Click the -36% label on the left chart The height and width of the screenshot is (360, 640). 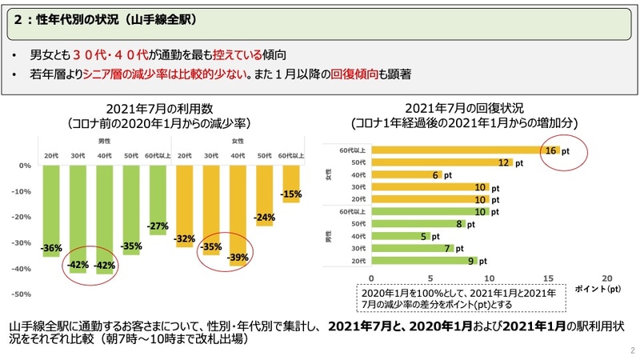pos(52,249)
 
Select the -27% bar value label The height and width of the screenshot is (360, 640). pos(158,226)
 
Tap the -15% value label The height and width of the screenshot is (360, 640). pos(291,194)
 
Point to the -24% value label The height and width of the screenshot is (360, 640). pos(265,218)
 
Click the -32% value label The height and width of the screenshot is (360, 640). pos(185,238)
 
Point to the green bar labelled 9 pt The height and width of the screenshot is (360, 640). pos(424,261)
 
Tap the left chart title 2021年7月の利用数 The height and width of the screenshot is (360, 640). pos(158,109)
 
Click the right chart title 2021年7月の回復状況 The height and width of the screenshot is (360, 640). pos(465,109)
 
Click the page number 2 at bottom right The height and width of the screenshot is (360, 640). pos(631,350)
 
